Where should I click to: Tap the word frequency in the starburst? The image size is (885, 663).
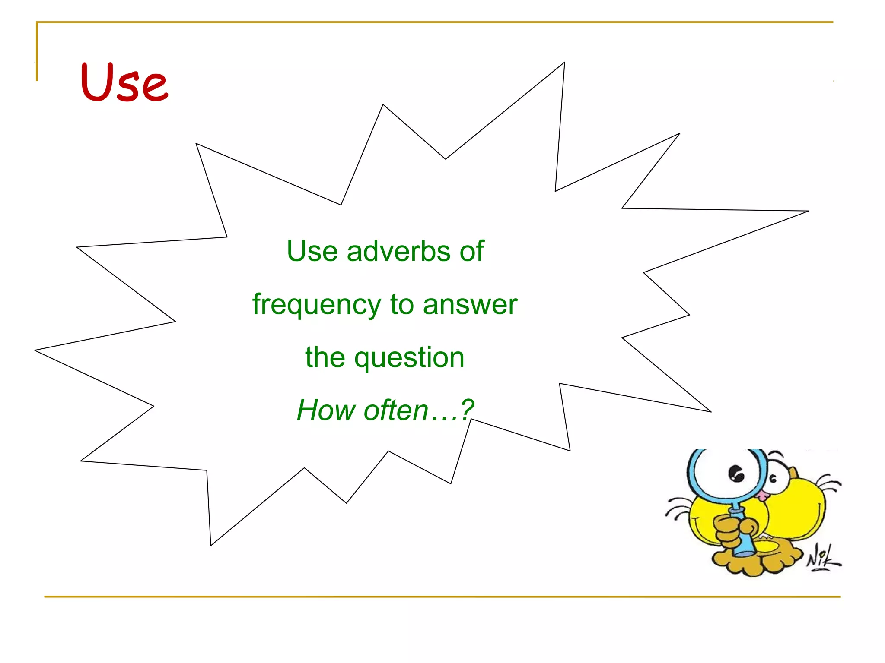pyautogui.click(x=317, y=305)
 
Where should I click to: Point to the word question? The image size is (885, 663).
pyautogui.click(x=409, y=358)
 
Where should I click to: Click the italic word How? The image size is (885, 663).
pyautogui.click(x=326, y=410)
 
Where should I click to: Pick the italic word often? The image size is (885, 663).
pyautogui.click(x=396, y=410)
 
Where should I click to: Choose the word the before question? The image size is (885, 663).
pyautogui.click(x=325, y=357)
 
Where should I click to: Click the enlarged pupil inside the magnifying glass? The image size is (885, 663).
pyautogui.click(x=736, y=474)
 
